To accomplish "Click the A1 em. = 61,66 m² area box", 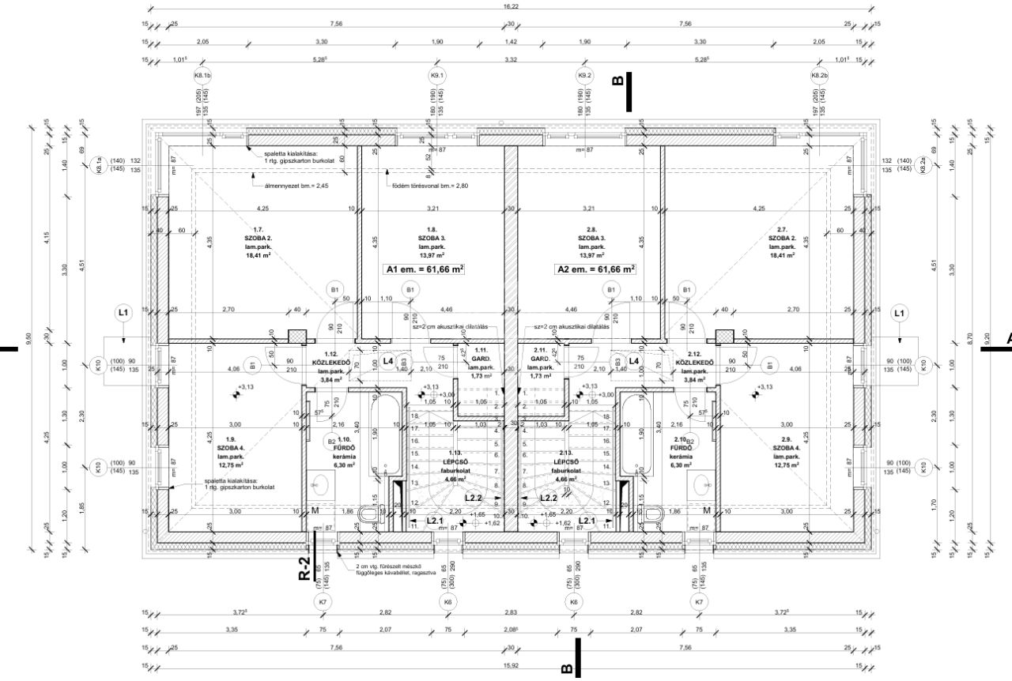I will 424,269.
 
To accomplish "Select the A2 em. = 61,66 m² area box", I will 597,269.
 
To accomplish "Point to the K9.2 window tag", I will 584,76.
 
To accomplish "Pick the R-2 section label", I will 304,567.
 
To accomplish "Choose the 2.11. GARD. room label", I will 542,365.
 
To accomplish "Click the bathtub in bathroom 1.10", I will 387,435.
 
